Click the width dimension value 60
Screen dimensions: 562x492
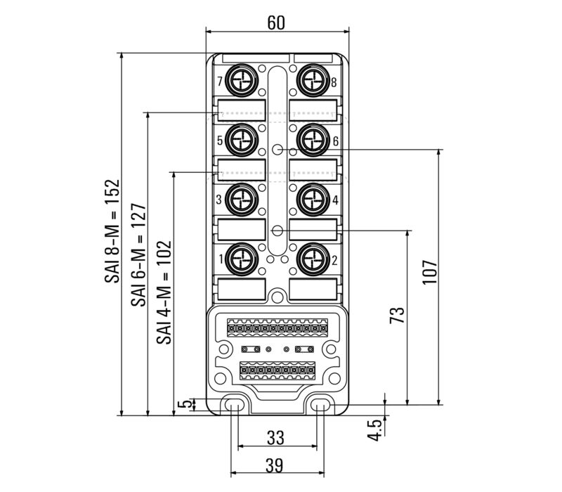[x=276, y=22]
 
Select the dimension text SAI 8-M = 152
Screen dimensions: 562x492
[x=112, y=231]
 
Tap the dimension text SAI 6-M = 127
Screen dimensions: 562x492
[x=138, y=254]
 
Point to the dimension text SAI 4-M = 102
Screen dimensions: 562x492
[x=164, y=292]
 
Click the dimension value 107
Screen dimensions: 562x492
[x=430, y=272]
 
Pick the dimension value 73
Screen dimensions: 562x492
[x=397, y=315]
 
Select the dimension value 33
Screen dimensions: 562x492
[x=275, y=437]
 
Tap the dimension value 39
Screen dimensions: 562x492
[x=275, y=465]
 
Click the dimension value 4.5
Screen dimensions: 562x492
[x=375, y=430]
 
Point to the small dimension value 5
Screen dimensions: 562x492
[x=185, y=404]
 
